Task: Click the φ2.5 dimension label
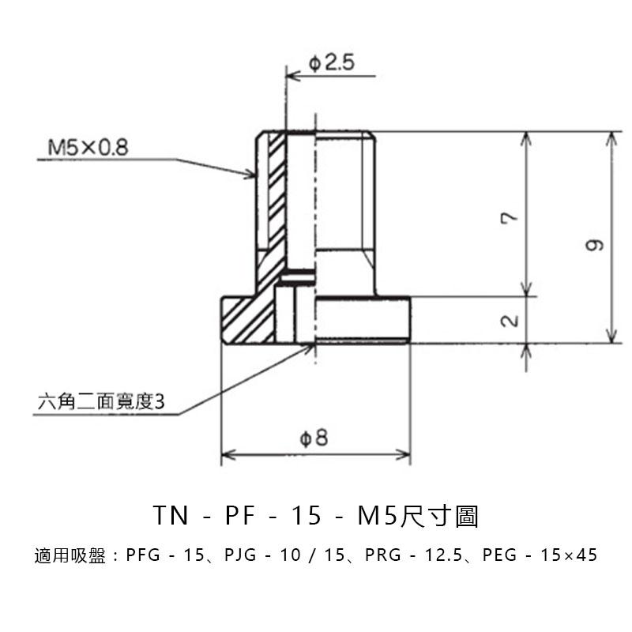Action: (x=331, y=64)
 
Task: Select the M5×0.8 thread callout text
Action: (x=88, y=147)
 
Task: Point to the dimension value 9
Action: (x=595, y=245)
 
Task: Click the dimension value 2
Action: (x=510, y=321)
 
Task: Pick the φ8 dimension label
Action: (x=314, y=438)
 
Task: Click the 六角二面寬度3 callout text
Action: (x=101, y=401)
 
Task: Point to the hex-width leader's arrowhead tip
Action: (x=314, y=345)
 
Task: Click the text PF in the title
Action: (x=241, y=515)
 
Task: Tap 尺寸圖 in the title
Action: (x=438, y=516)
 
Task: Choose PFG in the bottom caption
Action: (x=143, y=555)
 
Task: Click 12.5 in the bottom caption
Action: (x=443, y=555)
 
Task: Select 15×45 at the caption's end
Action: (x=569, y=555)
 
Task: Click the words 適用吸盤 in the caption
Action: (x=70, y=555)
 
